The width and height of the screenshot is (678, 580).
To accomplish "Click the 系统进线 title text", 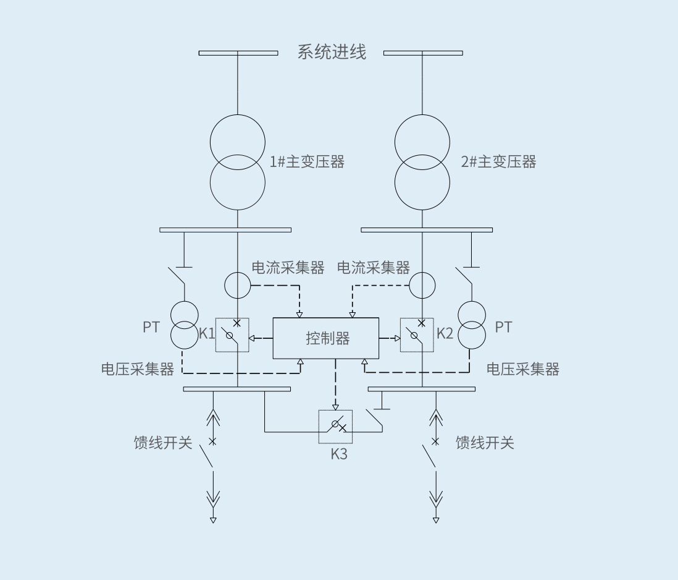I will (x=332, y=52).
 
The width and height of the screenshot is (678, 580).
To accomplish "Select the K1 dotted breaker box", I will (x=232, y=335).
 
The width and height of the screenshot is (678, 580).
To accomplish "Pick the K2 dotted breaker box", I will (x=417, y=335).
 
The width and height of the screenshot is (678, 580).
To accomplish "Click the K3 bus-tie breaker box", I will (x=335, y=427).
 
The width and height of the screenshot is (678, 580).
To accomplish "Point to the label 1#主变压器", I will (x=307, y=162).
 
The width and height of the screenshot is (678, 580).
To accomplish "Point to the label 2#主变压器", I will (x=498, y=162).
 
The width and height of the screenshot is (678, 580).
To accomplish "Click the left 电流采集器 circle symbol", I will (x=238, y=285).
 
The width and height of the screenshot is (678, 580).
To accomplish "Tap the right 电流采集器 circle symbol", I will (x=422, y=285).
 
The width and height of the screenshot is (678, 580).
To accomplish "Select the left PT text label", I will (x=151, y=327).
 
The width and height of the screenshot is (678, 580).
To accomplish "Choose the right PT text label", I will (x=503, y=327).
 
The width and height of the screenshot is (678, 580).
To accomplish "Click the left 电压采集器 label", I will (x=138, y=369).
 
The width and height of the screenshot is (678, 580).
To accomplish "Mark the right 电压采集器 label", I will (x=523, y=369).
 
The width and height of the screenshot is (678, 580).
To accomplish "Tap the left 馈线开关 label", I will (x=164, y=443).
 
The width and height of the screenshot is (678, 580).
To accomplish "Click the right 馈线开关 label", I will (x=485, y=443).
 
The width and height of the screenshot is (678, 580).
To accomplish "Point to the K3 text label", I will (x=339, y=454).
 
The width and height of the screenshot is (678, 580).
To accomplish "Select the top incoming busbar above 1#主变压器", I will (x=238, y=53).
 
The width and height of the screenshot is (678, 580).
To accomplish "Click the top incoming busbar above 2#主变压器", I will (x=423, y=53).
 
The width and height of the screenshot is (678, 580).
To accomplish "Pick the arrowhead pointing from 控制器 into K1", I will (x=252, y=338).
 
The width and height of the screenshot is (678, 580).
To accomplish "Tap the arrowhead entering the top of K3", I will (x=335, y=407).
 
